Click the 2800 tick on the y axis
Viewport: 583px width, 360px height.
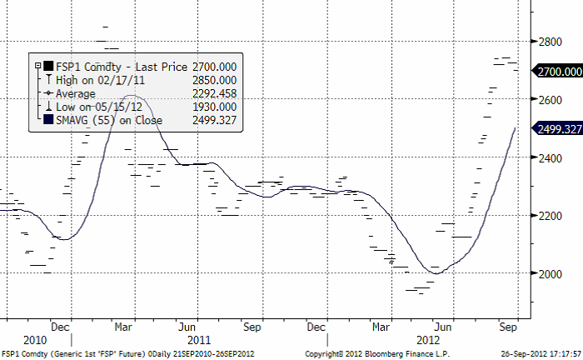click(x=550, y=41)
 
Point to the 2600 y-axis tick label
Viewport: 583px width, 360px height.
click(x=550, y=99)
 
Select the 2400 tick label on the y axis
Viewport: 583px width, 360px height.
click(x=550, y=157)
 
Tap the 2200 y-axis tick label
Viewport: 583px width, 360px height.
click(x=550, y=216)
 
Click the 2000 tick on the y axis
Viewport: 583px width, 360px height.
click(x=550, y=273)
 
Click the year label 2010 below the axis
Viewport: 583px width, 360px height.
click(x=35, y=340)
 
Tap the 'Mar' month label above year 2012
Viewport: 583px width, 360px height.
click(x=381, y=327)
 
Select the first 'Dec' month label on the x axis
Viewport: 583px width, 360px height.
click(x=59, y=327)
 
